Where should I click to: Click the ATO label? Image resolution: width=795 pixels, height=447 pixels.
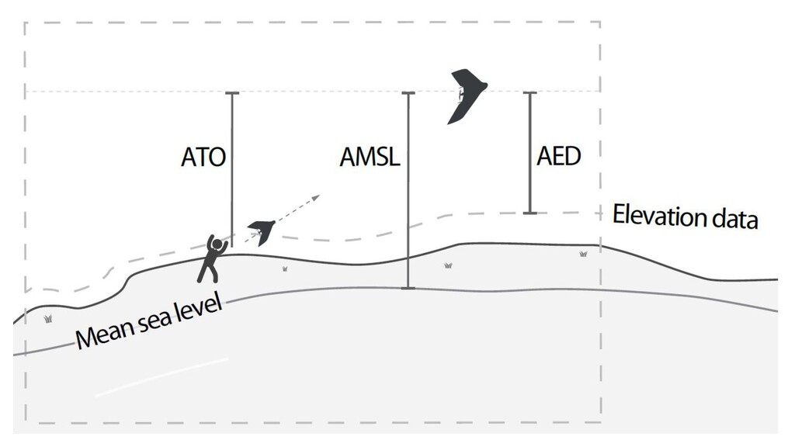pos(203,158)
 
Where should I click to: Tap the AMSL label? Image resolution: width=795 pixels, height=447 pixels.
pos(370,158)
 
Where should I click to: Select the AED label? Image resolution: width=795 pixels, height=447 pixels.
pos(559,156)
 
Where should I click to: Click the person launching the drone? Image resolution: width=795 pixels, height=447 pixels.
pos(211,259)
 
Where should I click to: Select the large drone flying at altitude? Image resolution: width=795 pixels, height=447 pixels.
pos(466,95)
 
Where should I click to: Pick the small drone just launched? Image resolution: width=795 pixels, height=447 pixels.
pos(262,230)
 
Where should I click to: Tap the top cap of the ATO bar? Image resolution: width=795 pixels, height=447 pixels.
pos(231,93)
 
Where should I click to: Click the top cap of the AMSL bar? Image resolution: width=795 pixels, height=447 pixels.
pos(408,93)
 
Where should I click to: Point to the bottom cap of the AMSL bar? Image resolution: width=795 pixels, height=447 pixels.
pos(408,289)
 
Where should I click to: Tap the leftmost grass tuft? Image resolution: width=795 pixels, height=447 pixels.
pos(49,318)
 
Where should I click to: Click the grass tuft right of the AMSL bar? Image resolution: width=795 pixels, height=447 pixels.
pos(448,266)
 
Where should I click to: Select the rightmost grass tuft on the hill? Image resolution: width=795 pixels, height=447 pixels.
pos(582,254)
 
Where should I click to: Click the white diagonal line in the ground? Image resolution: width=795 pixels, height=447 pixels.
pos(161,377)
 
